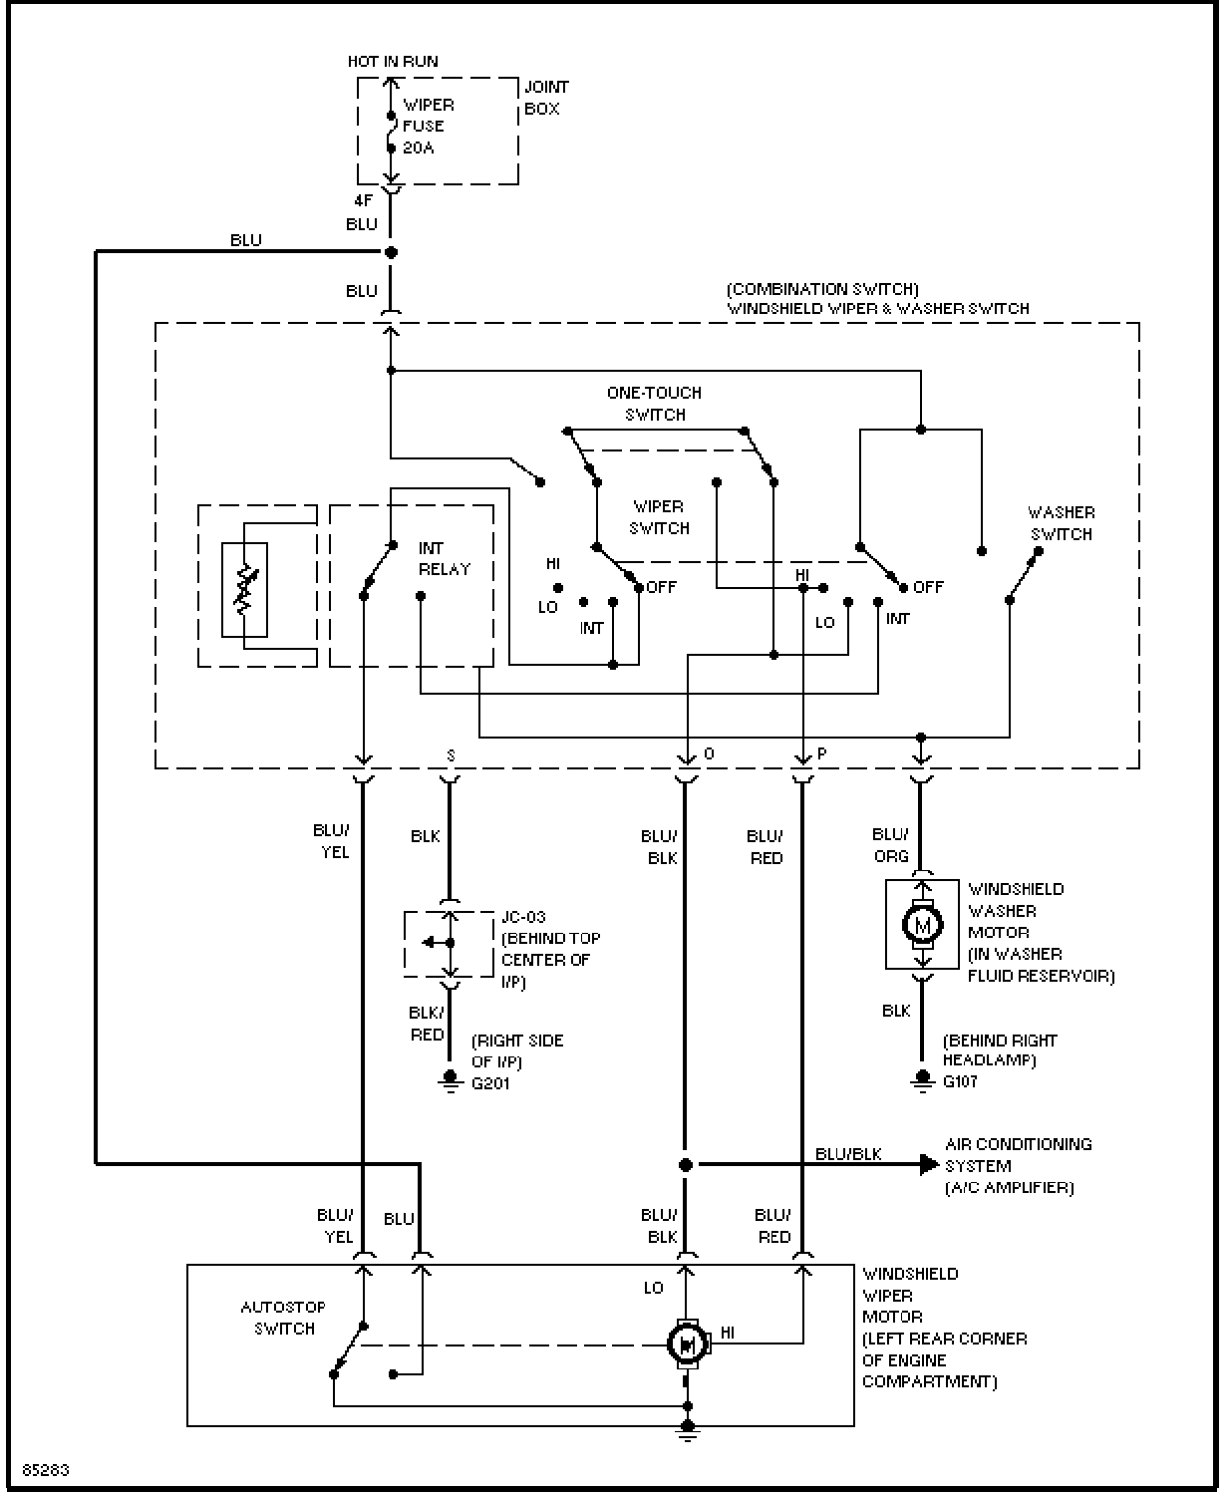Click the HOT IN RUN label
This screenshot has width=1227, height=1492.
393,62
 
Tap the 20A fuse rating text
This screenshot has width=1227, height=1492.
419,148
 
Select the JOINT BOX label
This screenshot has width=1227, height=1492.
546,98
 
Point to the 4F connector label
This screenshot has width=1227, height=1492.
363,201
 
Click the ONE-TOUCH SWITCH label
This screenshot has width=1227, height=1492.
655,404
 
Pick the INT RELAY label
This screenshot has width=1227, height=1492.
445,559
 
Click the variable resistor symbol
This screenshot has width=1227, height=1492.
245,589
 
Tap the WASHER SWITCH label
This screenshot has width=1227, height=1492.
1062,523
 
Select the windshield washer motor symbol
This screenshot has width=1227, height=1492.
922,924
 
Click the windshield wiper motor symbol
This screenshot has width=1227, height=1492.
687,1343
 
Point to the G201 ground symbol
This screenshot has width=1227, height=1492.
451,1080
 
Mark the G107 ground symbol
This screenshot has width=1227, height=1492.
922,1080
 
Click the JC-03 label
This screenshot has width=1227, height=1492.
523,917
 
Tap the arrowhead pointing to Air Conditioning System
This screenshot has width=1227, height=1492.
929,1164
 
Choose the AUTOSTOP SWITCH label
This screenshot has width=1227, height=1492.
283,1318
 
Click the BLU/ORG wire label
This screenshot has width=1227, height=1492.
891,845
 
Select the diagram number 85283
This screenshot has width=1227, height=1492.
46,1470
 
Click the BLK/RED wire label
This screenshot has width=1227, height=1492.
427,1024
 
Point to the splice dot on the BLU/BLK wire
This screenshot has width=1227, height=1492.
685,1164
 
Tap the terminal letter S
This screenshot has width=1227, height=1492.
451,755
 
